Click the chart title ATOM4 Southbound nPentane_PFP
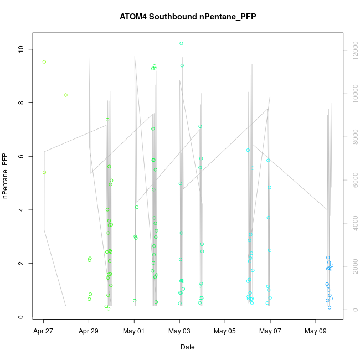click(x=188, y=17)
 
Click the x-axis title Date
click(x=187, y=347)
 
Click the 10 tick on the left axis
click(x=21, y=49)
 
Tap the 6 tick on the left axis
click(x=21, y=157)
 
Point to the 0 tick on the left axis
click(x=21, y=317)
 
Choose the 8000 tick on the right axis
click(x=351, y=137)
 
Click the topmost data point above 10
click(x=181, y=43)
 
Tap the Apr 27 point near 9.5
click(x=44, y=61)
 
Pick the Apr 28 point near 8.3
click(x=65, y=95)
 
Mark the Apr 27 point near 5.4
click(x=44, y=172)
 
